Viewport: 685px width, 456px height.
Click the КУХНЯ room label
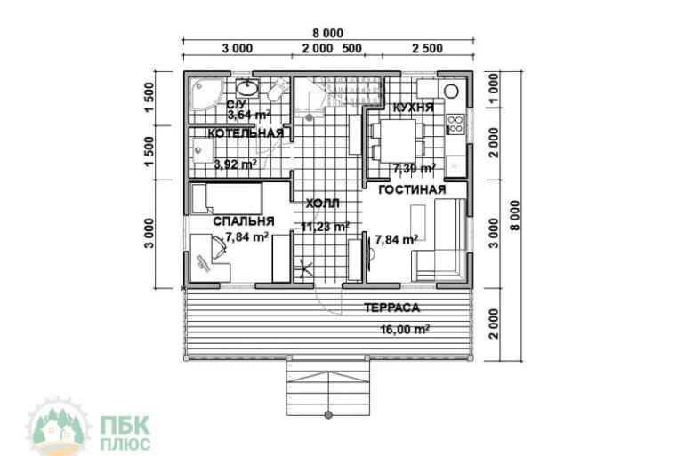(414, 108)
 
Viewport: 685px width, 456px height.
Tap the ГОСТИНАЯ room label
(412, 190)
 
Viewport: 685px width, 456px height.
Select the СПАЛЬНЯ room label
(244, 221)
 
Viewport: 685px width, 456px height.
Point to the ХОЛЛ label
(322, 204)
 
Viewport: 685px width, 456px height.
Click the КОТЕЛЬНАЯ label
(246, 133)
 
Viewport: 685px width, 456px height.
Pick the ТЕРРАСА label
(391, 308)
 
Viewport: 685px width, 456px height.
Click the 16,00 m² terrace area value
(405, 329)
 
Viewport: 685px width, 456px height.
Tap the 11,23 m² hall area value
(325, 227)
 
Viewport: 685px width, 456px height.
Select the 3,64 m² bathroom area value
(249, 116)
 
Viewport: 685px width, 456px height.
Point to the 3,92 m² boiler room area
(235, 164)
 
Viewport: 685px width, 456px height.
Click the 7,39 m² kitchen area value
(414, 168)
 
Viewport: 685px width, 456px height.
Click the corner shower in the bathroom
(206, 94)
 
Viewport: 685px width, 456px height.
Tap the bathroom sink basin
(247, 89)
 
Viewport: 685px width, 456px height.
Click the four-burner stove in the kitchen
(455, 124)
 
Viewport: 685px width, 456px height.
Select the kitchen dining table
(398, 141)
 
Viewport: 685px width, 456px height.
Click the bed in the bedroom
(226, 198)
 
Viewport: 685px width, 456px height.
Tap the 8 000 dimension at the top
(328, 33)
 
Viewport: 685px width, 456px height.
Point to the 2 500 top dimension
(428, 48)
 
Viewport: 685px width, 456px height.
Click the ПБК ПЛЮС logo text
(125, 433)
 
